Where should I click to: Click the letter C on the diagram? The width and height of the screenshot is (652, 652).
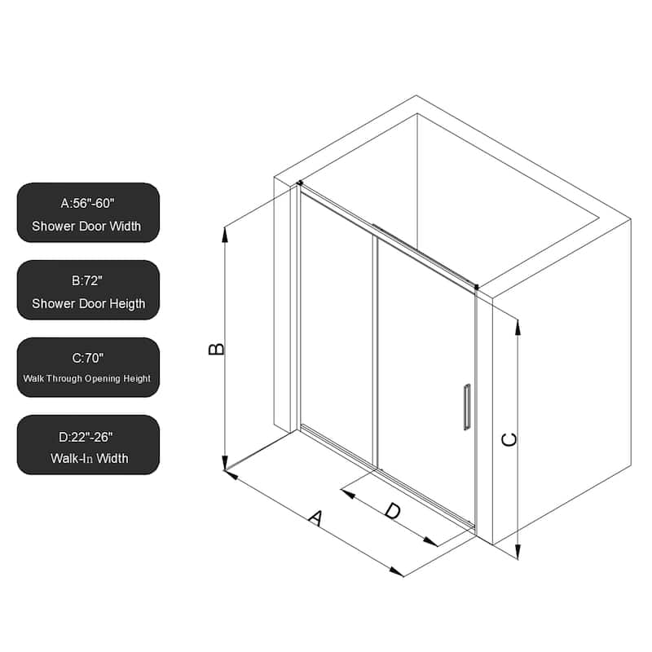[509, 439]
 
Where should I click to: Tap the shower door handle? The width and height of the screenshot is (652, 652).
[467, 406]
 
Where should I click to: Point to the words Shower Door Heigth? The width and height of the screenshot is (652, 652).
[88, 303]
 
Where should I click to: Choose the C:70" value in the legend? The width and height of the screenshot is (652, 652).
[88, 357]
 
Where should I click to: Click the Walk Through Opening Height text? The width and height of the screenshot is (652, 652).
[88, 378]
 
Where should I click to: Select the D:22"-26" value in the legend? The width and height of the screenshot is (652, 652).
[88, 435]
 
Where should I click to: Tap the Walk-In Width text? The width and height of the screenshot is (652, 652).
[88, 458]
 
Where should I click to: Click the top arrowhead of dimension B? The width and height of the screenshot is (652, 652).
[226, 233]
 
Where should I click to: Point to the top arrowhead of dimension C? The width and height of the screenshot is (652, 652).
[518, 324]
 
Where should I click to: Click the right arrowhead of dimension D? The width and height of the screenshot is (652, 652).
[434, 542]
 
